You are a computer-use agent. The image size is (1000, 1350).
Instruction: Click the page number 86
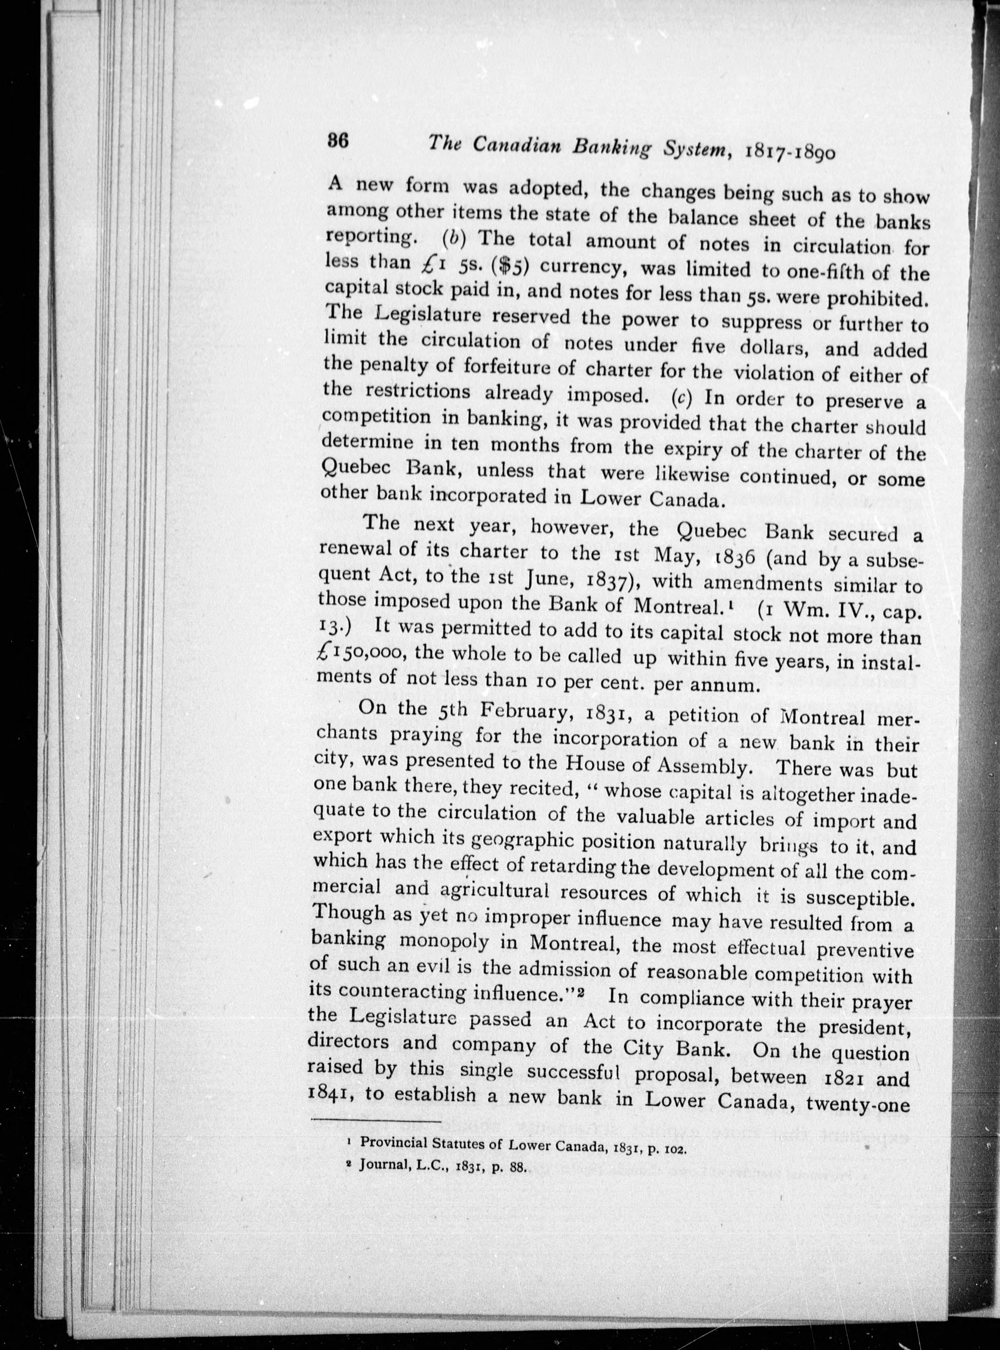point(336,141)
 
